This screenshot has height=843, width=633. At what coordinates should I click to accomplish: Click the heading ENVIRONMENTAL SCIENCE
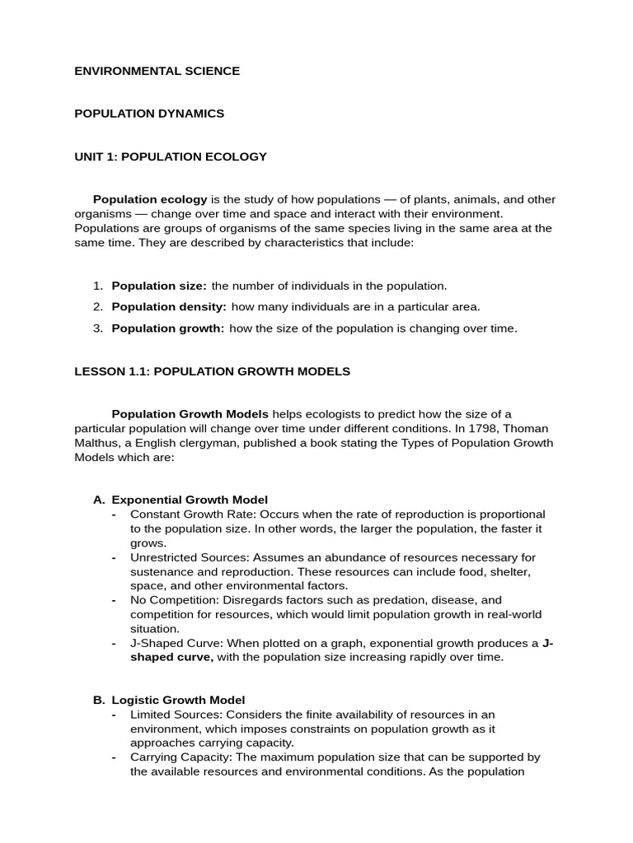pos(157,71)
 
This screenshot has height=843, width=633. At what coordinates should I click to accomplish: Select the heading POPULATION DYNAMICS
pos(149,114)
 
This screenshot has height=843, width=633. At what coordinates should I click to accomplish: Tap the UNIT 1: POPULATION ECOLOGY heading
pos(171,156)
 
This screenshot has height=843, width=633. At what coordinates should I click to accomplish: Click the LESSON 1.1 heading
pos(212,371)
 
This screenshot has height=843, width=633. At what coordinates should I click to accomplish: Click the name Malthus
pos(97,443)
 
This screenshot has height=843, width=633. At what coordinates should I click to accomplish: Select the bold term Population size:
pos(159,286)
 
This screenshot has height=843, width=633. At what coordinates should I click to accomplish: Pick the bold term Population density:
pos(169,307)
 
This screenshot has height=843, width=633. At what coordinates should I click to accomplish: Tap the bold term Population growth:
pos(168,328)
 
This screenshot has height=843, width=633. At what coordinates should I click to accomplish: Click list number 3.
pos(97,328)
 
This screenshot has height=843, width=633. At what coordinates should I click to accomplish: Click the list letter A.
pos(99,500)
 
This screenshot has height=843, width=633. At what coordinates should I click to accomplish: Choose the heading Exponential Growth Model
pos(190,500)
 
